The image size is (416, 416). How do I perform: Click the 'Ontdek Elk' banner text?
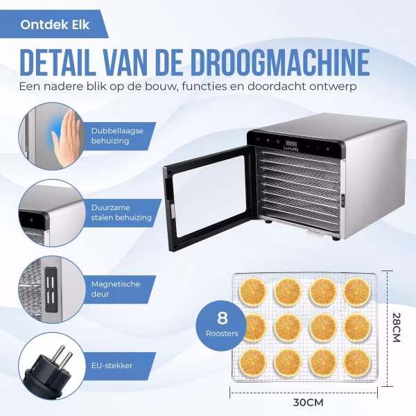point(55,25)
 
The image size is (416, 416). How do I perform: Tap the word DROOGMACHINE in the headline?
point(280,62)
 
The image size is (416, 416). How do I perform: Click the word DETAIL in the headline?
point(58,62)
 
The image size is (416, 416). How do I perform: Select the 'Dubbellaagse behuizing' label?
point(117,136)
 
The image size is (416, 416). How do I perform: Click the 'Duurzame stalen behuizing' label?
point(121,213)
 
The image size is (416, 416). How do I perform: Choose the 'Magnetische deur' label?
point(115,289)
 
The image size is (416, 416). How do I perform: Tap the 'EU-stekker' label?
point(112,365)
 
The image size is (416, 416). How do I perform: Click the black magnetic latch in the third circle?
point(51,289)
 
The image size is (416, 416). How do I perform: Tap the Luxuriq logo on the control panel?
point(291,148)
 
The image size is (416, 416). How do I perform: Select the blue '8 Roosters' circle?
point(222,325)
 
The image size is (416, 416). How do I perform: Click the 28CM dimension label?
point(396,327)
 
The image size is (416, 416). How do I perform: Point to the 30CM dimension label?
point(308,402)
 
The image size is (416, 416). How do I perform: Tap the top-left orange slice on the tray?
point(252,292)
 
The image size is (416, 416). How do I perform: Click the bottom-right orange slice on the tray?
point(357,362)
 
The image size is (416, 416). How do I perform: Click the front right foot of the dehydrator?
point(336,238)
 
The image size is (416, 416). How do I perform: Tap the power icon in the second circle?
point(32,220)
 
